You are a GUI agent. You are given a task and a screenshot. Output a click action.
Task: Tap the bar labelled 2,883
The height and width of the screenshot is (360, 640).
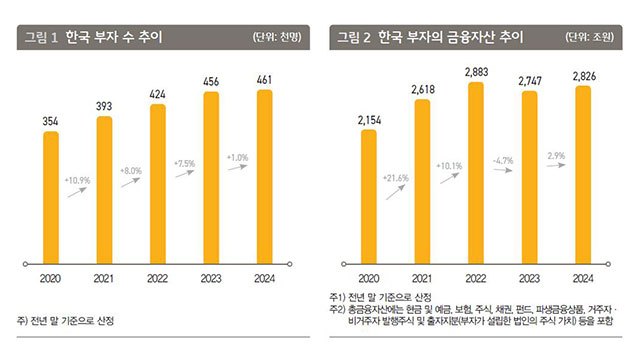click(476, 172)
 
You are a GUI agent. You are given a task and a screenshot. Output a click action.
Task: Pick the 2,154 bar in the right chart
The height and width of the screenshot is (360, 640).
click(369, 196)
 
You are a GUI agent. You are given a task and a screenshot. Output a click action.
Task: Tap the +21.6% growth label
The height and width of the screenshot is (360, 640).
click(396, 178)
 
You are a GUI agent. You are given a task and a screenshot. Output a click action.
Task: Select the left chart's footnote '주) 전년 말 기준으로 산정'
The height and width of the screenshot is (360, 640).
click(66, 321)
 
